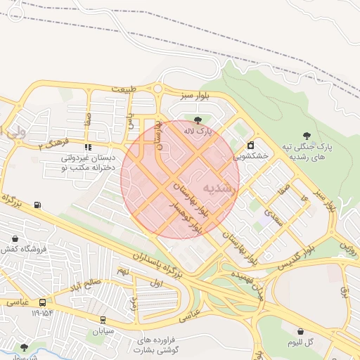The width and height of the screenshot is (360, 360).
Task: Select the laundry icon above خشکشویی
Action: click(250, 145)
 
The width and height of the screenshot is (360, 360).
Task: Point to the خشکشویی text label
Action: click(252, 156)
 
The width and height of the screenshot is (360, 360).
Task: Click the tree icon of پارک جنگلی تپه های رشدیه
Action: click(305, 135)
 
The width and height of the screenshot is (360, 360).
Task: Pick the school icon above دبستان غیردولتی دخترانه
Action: click(88, 147)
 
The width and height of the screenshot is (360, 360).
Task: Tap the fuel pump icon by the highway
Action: click(37, 205)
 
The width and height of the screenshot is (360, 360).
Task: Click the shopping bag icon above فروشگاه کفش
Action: click(17, 238)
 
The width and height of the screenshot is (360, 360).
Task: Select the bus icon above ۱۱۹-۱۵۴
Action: click(42, 303)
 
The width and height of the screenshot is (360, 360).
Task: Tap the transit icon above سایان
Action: click(103, 319)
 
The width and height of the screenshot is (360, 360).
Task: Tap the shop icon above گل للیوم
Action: click(301, 331)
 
